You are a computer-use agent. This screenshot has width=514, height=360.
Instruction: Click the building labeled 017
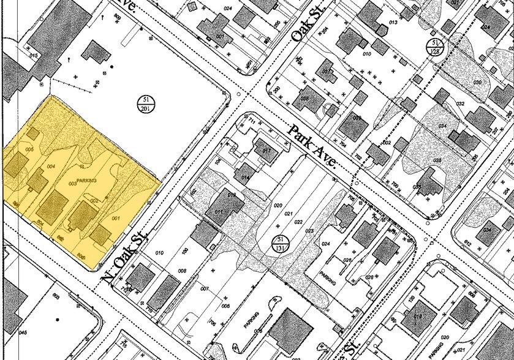pos(266,151)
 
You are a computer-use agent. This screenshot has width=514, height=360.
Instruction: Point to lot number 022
pos(299,221)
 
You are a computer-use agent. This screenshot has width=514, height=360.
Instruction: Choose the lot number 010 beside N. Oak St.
pos(161,252)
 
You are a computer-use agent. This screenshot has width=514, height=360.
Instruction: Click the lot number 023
pos(309,231)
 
